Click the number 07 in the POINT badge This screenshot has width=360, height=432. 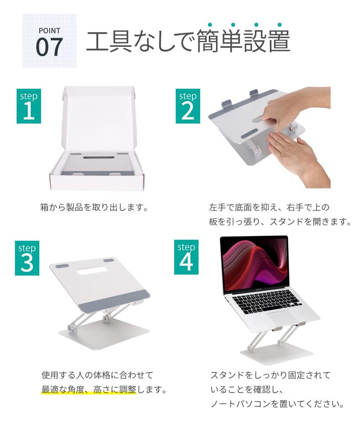(x=49, y=47)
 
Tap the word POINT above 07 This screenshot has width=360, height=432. (x=49, y=30)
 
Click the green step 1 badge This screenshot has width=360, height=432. (x=29, y=106)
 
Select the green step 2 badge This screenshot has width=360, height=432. (x=188, y=106)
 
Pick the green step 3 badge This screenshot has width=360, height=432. (x=27, y=258)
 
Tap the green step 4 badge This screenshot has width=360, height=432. (x=186, y=257)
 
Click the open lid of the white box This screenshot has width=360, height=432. (x=99, y=119)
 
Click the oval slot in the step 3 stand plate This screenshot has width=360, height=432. (x=92, y=270)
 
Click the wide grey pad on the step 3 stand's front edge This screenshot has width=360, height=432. (x=114, y=301)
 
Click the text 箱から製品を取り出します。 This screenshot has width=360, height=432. (x=94, y=208)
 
